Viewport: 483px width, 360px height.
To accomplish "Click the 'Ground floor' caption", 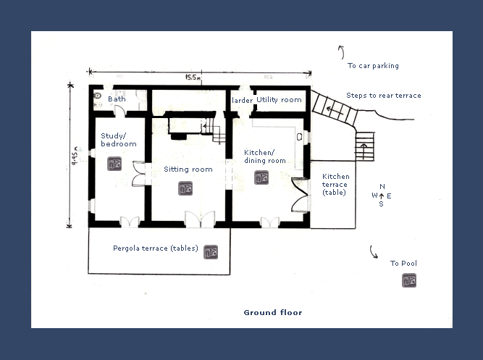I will [x=272, y=313].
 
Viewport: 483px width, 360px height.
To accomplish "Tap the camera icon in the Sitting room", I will [x=185, y=188].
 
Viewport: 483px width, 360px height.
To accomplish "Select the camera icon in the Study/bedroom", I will [x=114, y=164].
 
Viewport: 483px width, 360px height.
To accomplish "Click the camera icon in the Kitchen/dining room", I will [x=261, y=177].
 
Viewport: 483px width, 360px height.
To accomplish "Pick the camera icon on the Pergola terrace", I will [x=211, y=252].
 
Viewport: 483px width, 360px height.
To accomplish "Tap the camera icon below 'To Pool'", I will [x=409, y=280].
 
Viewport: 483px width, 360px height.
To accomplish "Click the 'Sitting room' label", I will [x=188, y=169].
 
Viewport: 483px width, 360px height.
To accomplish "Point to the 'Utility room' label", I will [x=279, y=99].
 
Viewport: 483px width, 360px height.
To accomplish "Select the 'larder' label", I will [x=241, y=99].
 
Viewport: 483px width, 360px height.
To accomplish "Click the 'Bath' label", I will [x=117, y=99].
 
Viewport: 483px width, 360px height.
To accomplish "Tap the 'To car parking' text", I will [x=373, y=66].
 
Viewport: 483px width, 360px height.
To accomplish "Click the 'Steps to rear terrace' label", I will [x=383, y=96].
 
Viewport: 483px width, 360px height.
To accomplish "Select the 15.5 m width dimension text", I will [x=193, y=76].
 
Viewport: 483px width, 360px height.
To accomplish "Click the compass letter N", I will [x=382, y=187].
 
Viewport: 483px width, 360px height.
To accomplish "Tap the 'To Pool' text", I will [x=403, y=264].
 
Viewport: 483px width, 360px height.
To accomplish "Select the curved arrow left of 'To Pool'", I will [x=374, y=251].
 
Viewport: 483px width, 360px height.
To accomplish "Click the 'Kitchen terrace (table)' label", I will [x=335, y=184].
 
